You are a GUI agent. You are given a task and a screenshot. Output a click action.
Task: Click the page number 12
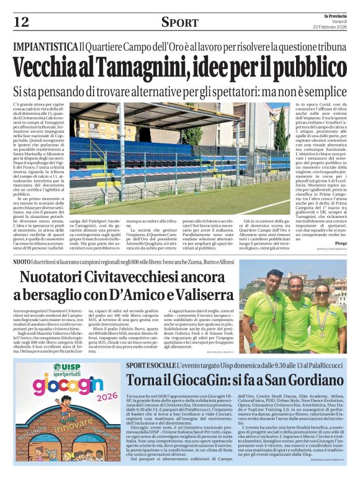tap(21, 22)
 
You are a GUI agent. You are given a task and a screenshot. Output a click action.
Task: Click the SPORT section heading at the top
tap(179, 22)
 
